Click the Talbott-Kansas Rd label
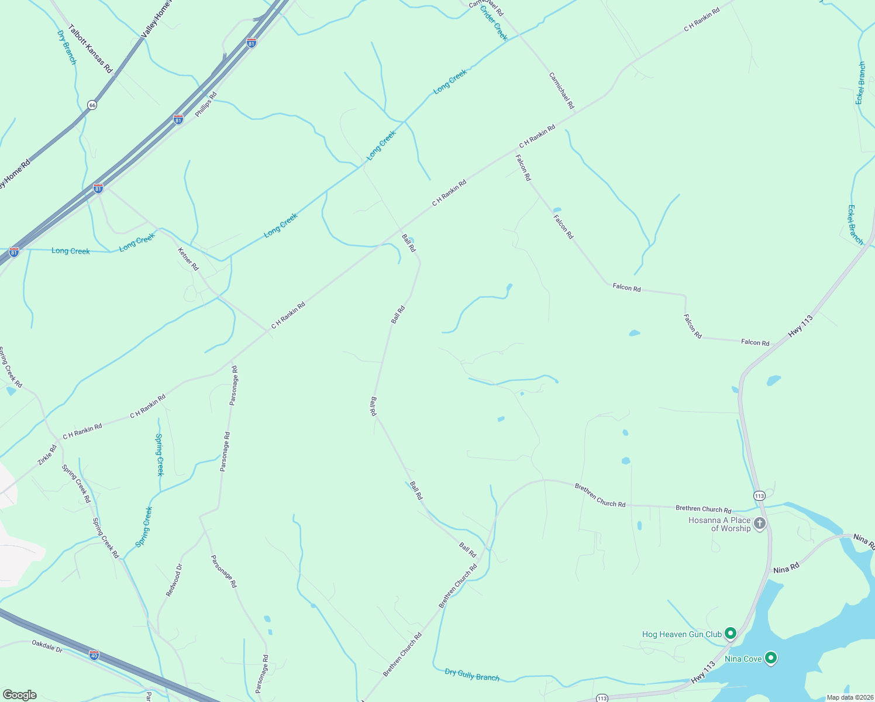coord(90,49)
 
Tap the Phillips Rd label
coord(206,104)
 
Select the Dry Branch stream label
coord(67,47)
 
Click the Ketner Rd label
coord(188,259)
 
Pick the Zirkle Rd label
coord(47,455)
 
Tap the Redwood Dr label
coord(174,580)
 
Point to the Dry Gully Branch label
coord(472,675)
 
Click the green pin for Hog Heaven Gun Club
coord(730,633)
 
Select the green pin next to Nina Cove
coord(771,658)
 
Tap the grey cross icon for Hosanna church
coord(760,523)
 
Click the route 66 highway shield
coord(92,105)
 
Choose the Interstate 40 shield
coord(94,655)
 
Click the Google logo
coord(19,695)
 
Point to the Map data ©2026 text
coord(849,697)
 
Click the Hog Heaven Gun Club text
coord(682,634)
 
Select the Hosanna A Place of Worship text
coord(719,524)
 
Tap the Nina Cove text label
coord(743,659)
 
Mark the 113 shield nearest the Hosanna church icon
coord(759,495)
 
